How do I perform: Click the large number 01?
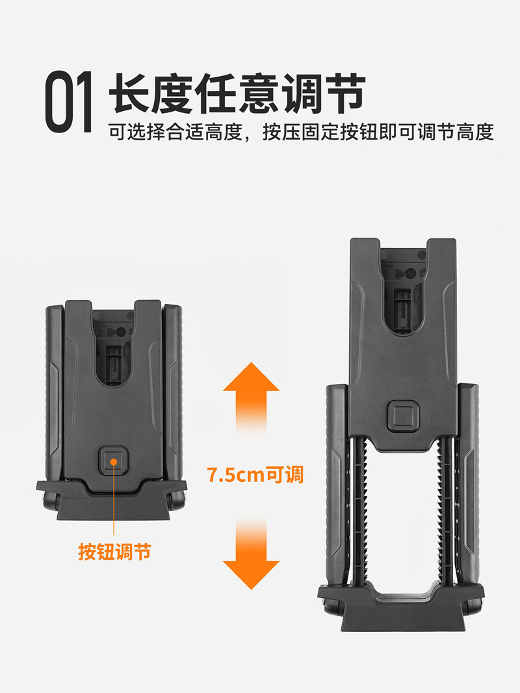tap(69, 102)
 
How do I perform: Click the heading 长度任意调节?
tap(237, 94)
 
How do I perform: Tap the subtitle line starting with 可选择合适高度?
tap(301, 132)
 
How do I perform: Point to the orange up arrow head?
tap(251, 377)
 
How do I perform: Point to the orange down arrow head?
tap(251, 575)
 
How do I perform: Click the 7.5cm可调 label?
tap(255, 475)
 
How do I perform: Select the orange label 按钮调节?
tap(115, 551)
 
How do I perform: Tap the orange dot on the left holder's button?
tap(114, 461)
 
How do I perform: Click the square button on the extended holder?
tap(402, 416)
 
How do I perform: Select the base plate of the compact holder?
tap(111, 500)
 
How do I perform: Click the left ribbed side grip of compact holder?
tap(55, 394)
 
